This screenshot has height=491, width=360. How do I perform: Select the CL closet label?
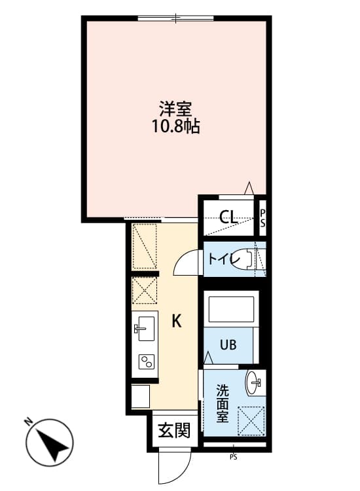228,217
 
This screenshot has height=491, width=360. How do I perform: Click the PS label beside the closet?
262,217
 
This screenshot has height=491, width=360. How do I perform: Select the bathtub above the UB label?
230,310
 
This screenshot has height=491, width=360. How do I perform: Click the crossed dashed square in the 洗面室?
250,420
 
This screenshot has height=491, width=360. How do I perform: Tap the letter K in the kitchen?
176,321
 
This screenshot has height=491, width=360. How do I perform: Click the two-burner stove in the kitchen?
145,362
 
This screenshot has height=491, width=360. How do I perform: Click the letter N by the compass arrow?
29,422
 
